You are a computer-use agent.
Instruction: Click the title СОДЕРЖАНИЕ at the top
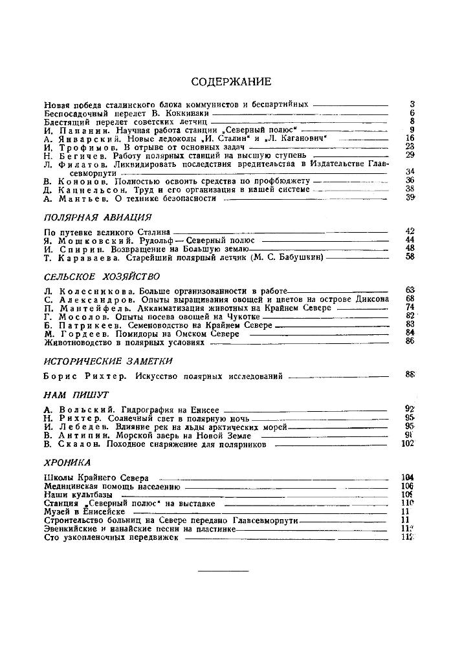[x=232, y=81]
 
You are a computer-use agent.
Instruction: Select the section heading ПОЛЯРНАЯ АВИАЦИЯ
[x=97, y=217]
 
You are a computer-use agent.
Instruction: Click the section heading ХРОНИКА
[x=67, y=463]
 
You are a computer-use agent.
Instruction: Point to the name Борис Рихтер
[x=80, y=376]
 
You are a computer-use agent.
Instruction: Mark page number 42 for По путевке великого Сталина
[x=409, y=231]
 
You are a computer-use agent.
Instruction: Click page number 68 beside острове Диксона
[x=409, y=299]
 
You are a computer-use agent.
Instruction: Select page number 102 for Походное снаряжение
[x=408, y=444]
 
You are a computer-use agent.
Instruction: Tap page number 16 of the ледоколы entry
[x=409, y=138]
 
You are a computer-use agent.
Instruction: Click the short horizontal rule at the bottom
[x=223, y=571]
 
